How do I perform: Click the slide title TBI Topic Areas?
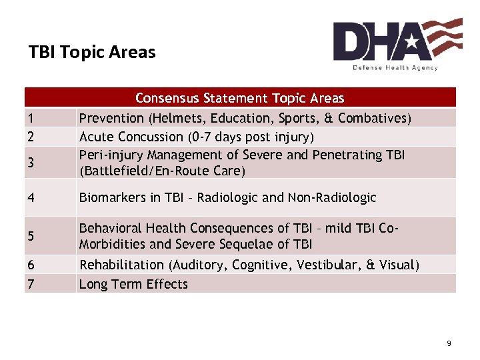click(92, 52)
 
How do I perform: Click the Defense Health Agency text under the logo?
click(395, 67)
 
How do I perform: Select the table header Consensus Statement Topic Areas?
click(240, 99)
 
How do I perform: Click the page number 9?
click(449, 343)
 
